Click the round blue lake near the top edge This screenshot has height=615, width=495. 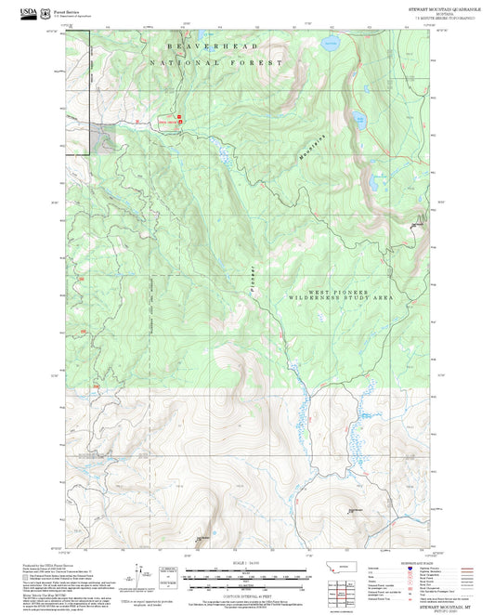pos(331,44)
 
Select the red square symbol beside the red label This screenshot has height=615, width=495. pos(180,119)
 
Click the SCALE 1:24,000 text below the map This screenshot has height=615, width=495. pos(246,563)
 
